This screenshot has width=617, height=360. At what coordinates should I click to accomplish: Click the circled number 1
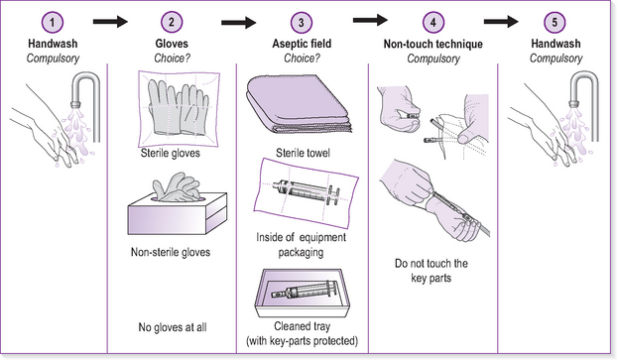pos(53,23)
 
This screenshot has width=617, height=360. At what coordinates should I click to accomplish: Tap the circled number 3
pos(302,23)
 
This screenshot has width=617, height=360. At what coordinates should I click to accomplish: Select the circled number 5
pos(555,22)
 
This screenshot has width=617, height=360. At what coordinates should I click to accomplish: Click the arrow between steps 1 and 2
pos(110,22)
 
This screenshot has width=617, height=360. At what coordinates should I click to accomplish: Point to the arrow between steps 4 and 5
pos(501,22)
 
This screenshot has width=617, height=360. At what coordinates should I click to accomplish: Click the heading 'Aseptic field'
pos(302,44)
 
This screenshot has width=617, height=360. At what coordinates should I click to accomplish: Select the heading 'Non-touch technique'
pos(433,44)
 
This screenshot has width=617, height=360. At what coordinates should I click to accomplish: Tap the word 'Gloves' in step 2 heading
pos(172,44)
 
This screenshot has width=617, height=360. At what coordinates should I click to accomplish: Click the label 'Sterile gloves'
pos(171,153)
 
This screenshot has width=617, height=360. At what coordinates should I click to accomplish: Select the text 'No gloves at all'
pos(173,327)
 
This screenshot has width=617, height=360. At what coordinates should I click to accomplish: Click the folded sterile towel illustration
pos(299,104)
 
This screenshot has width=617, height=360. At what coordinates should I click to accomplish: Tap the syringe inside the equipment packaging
pos(306,191)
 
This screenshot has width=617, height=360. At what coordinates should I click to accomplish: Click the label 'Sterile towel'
pos(303,153)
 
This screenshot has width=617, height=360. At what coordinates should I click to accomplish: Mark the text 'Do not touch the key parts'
pos(432,271)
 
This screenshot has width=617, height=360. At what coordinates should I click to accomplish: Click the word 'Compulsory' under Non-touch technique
pos(433,60)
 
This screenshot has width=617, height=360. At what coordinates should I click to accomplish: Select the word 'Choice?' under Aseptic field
pos(302,59)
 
